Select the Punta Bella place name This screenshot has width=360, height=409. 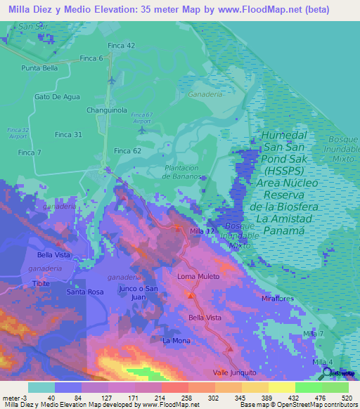(39, 68)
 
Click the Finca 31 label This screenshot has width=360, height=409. (68, 134)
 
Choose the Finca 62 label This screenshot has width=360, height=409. (128, 150)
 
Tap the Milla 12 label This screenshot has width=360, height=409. (202, 231)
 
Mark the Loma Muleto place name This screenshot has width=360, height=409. (195, 276)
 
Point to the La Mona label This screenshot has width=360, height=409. (176, 340)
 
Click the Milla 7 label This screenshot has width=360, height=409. (313, 332)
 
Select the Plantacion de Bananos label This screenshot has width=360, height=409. (186, 172)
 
